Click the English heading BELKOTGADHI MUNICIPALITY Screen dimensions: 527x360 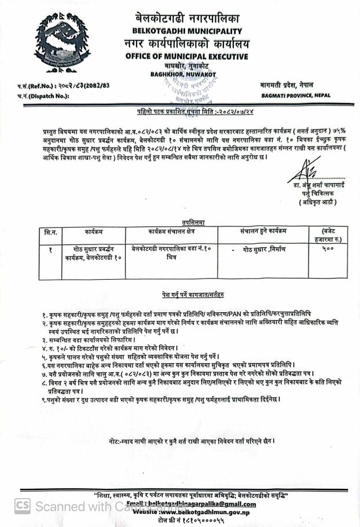click(x=186, y=30)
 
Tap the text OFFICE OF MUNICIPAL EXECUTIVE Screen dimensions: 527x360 click(x=186, y=56)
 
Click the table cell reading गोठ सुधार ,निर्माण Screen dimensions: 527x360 click(x=264, y=248)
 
